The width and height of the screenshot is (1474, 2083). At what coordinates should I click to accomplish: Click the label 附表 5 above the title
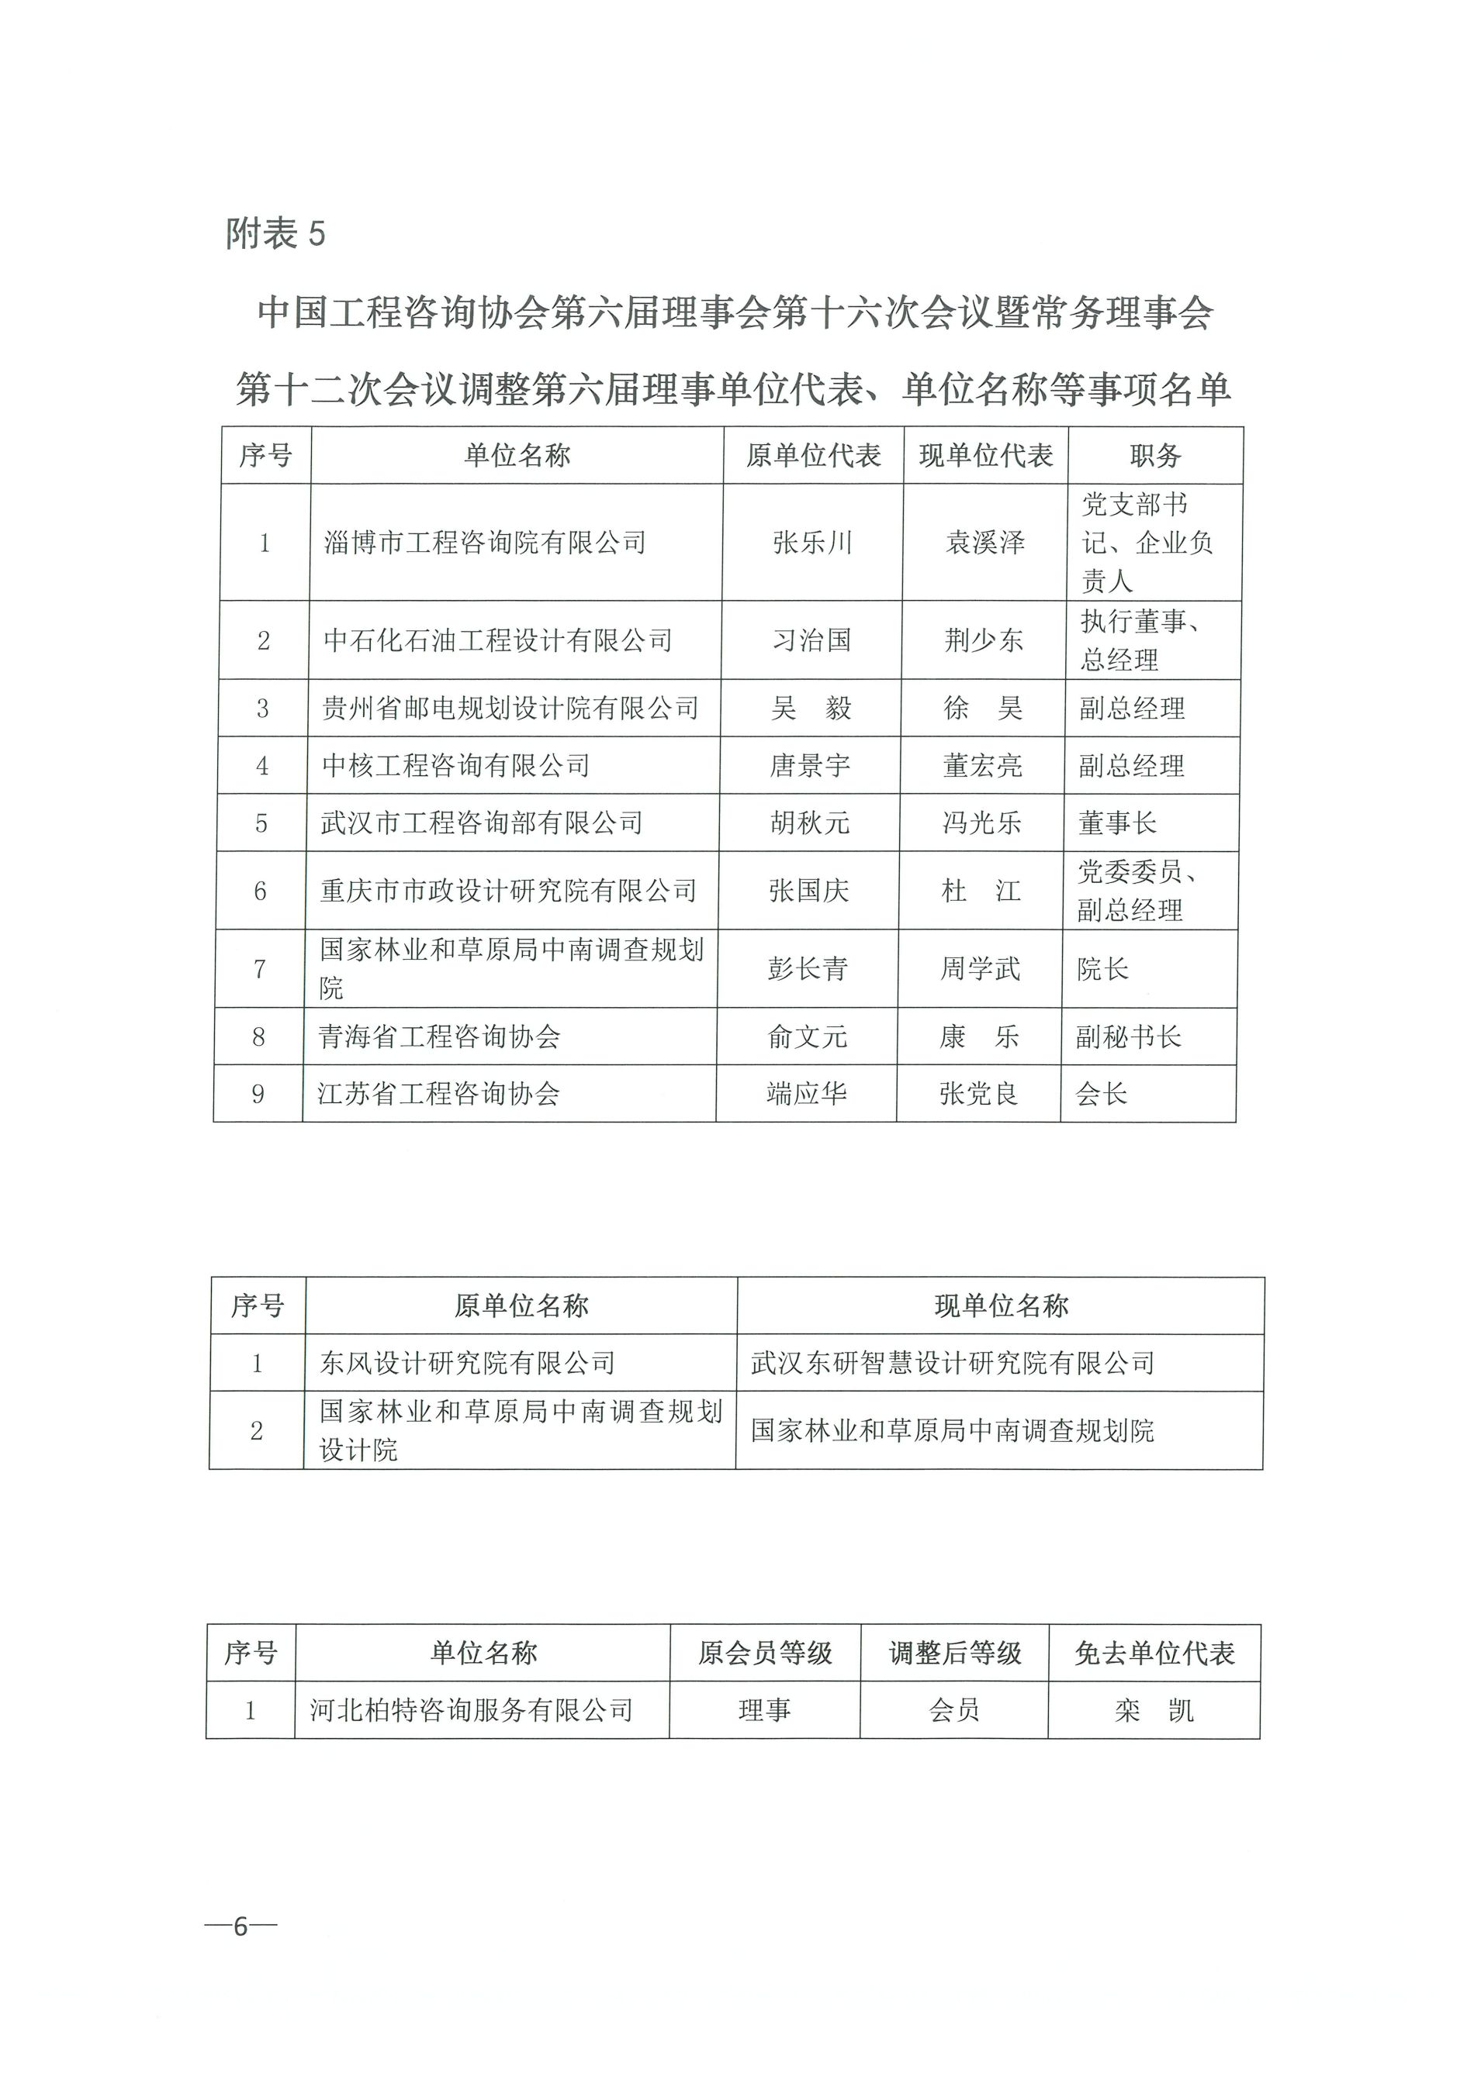tap(275, 234)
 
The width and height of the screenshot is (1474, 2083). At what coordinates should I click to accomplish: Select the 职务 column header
tap(1154, 455)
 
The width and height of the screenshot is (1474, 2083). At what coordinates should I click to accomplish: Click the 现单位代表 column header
tap(986, 455)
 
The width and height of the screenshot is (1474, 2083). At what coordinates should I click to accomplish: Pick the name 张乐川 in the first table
tap(812, 543)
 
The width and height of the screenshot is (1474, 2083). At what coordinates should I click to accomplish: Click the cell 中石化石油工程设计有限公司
tap(497, 640)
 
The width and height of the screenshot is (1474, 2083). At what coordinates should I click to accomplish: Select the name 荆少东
tap(984, 640)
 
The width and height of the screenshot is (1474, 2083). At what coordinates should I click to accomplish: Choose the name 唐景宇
tap(811, 766)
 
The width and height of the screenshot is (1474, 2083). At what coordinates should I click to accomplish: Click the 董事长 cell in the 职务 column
tap(1117, 823)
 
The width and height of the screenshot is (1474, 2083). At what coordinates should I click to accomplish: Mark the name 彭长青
tap(808, 969)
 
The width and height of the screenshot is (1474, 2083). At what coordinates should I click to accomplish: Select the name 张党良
tap(978, 1093)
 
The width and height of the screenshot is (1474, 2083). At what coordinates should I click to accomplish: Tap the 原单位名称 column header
tap(521, 1306)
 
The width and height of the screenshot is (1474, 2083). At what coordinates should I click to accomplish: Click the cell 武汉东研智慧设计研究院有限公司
tap(952, 1363)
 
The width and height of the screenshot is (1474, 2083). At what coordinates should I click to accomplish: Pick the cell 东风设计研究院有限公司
tap(468, 1363)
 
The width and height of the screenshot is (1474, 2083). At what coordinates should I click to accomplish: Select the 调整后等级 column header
tap(955, 1654)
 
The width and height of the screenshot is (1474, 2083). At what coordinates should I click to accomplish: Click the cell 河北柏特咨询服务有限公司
tap(471, 1711)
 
